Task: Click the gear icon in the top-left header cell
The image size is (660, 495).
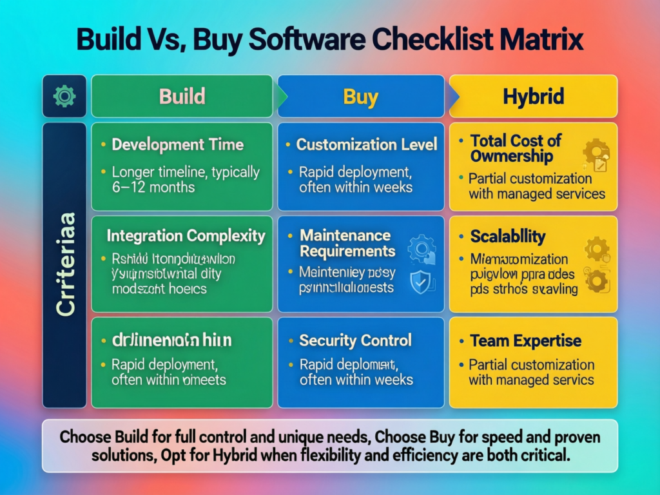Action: (64, 97)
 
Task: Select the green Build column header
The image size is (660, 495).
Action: (182, 97)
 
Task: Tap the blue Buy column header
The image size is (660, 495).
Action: (360, 97)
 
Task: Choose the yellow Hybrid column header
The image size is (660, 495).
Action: (533, 97)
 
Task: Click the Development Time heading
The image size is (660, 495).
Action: (177, 144)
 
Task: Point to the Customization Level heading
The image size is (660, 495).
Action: (367, 144)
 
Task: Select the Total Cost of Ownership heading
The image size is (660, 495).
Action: (516, 148)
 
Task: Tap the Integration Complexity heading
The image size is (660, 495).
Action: (186, 236)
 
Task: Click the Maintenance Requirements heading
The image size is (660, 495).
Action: (347, 243)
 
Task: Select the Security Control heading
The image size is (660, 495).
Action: (355, 340)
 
